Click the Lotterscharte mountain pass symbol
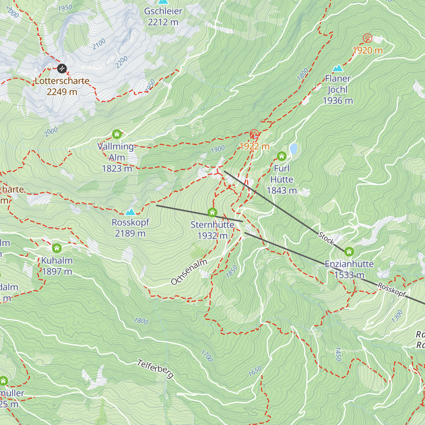pos(62,68)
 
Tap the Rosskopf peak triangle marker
pos(130,212)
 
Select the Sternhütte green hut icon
pos(212,212)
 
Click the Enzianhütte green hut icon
pos(349,252)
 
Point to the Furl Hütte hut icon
pos(282,156)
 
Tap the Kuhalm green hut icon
pos(57,248)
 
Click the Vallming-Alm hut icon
pos(117,134)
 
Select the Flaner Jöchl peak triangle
pos(338,68)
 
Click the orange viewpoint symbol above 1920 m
pos(368,38)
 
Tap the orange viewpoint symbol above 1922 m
pos(254,134)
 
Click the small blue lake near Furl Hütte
pos(293,149)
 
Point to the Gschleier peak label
pos(163,11)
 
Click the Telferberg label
pos(155,369)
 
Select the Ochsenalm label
pos(189,272)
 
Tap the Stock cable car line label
pos(326,238)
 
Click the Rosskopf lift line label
pos(392,290)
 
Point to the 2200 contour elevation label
pos(121,62)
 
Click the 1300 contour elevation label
pos(397,316)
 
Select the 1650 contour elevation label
pos(255,371)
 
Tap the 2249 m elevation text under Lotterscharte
pos(62,92)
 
